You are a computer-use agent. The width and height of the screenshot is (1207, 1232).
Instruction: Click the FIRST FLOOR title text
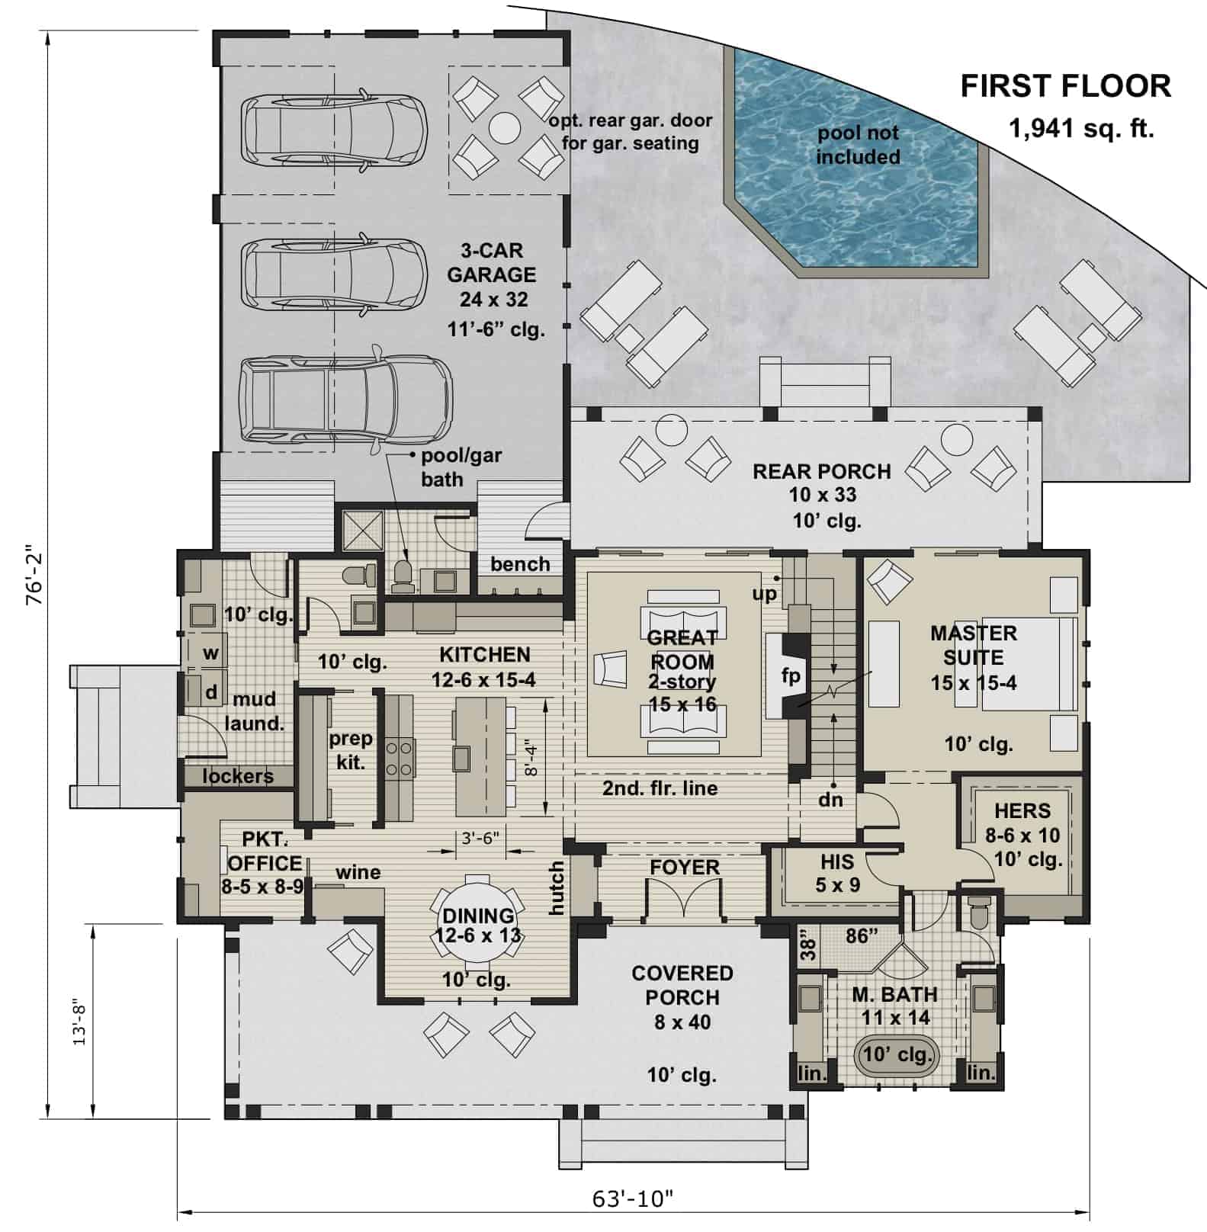click(x=1065, y=86)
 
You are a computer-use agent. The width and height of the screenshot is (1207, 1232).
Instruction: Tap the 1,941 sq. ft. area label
click(x=1081, y=129)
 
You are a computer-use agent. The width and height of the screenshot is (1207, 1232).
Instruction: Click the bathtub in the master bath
click(x=897, y=1055)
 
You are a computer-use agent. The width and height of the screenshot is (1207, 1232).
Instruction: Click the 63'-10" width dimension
click(x=633, y=1199)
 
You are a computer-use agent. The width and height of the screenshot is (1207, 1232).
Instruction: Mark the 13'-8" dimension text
click(x=80, y=1022)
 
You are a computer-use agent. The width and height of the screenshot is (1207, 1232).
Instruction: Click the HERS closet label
click(x=1022, y=811)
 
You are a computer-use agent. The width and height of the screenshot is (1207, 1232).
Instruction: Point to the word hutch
click(x=557, y=888)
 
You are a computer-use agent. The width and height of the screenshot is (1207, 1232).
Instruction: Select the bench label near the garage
click(x=520, y=564)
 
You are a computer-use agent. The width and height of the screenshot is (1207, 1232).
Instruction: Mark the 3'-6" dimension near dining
click(x=480, y=838)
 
